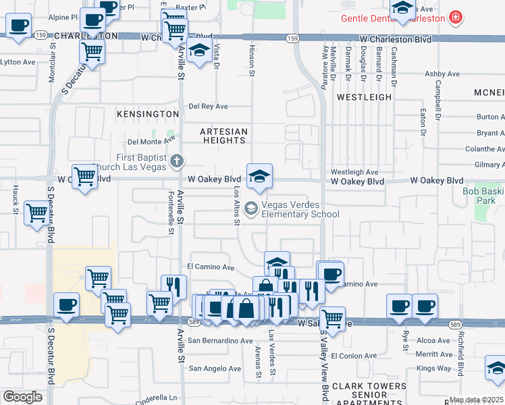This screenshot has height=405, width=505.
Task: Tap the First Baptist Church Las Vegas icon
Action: [x=177, y=161]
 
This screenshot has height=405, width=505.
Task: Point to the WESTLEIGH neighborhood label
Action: [x=364, y=97]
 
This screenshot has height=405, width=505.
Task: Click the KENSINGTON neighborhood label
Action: [x=147, y=115]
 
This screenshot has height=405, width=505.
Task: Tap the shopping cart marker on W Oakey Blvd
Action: [x=84, y=177]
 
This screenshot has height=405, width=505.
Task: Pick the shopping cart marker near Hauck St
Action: [x=37, y=213]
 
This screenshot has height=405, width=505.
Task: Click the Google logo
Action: [x=22, y=397]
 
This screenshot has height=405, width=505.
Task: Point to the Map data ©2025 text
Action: [x=477, y=400]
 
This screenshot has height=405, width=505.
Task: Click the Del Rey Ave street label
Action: [x=208, y=106]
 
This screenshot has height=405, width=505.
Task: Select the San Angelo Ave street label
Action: [x=215, y=369]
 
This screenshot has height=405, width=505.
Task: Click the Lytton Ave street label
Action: [x=18, y=62]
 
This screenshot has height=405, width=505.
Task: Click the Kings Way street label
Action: [x=433, y=368]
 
